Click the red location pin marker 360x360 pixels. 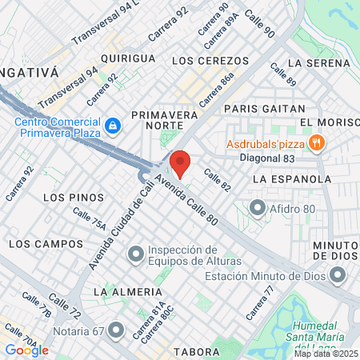click(x=180, y=163)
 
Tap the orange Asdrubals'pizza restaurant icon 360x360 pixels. click(x=318, y=142)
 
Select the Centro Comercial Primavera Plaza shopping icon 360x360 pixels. click(x=113, y=126)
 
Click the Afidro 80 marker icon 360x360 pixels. click(x=258, y=210)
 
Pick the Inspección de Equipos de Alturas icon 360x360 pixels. click(x=136, y=254)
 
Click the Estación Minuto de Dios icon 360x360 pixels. click(x=338, y=277)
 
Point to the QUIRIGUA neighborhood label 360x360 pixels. click(x=128, y=58)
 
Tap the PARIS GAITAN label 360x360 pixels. click(x=265, y=108)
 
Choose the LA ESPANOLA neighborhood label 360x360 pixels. click(x=291, y=179)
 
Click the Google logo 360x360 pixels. click(x=26, y=350)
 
